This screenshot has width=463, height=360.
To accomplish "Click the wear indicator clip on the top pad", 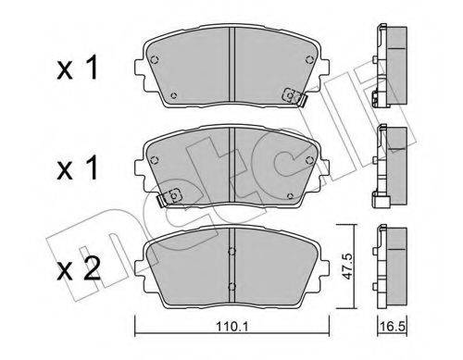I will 291,96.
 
